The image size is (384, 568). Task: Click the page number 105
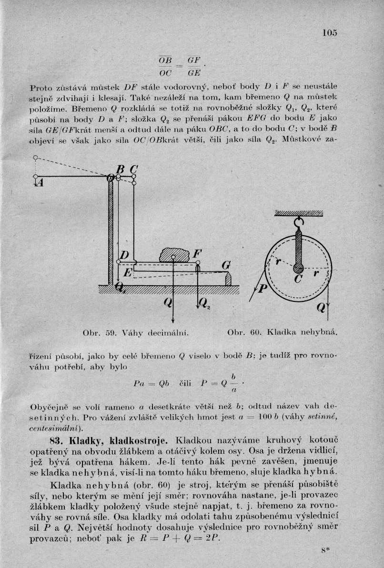[x=329, y=33]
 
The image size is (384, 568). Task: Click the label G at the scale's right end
[x=225, y=265]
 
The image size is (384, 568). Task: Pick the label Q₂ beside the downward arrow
[x=206, y=303]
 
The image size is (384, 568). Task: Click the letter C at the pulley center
[x=298, y=280]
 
